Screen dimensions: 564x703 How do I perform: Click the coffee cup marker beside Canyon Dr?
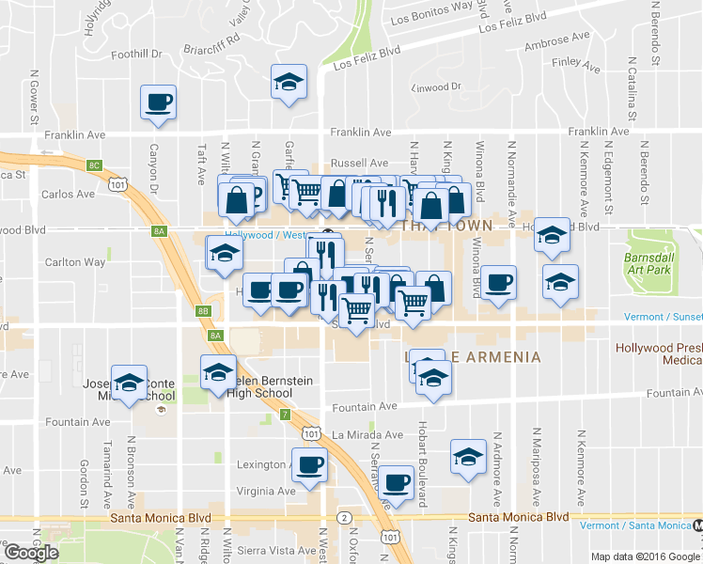point(158,102)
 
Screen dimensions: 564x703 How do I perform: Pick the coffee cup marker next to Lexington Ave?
point(309,463)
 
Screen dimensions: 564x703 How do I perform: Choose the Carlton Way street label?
point(74,262)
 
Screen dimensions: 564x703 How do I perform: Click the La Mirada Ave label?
point(367,434)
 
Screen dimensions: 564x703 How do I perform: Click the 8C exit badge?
point(94,165)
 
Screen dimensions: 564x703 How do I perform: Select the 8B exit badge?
point(203,310)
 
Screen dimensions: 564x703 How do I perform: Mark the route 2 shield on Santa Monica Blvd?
point(345,518)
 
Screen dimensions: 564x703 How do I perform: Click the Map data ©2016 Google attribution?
point(645,556)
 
